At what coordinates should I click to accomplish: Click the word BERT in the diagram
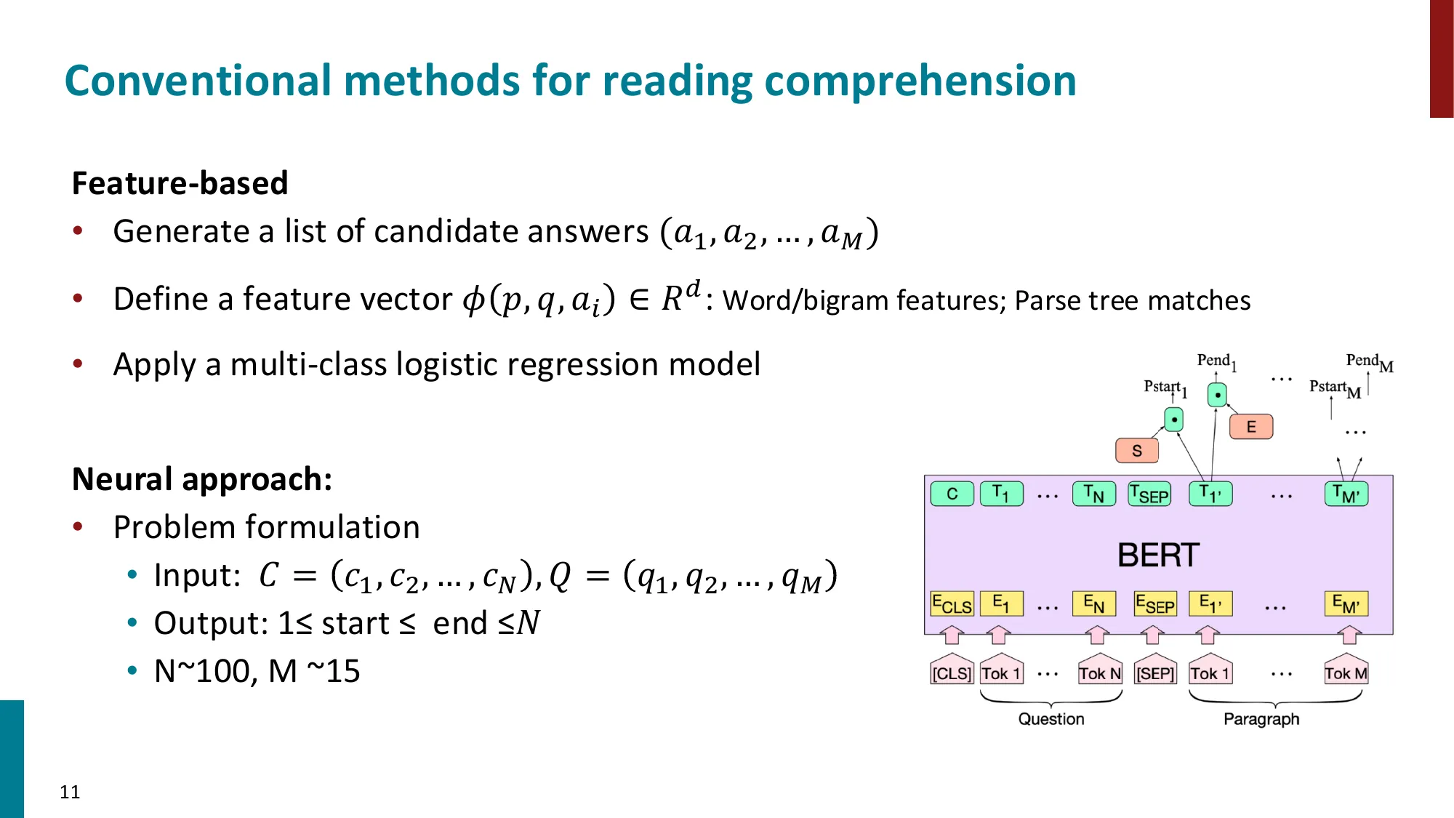click(x=1157, y=556)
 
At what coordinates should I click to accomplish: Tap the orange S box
click(x=1137, y=451)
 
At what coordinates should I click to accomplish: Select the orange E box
click(x=1251, y=427)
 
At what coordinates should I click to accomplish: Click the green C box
click(x=952, y=494)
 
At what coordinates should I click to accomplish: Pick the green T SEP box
click(x=1149, y=494)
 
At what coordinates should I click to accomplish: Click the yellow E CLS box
click(x=952, y=604)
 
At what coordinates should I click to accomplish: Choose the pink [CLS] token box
click(x=952, y=673)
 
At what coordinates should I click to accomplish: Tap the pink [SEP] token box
click(x=1155, y=673)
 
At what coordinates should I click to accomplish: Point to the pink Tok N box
click(x=1099, y=673)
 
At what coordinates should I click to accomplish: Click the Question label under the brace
click(x=1051, y=719)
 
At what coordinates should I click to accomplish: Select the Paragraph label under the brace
click(x=1261, y=719)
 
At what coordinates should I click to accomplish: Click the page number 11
click(x=70, y=792)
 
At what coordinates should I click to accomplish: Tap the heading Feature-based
click(x=180, y=183)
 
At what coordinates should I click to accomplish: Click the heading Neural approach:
click(x=202, y=479)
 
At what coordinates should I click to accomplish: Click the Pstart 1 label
click(x=1164, y=388)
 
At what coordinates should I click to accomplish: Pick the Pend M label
click(x=1368, y=361)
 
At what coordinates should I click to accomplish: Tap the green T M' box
click(x=1346, y=494)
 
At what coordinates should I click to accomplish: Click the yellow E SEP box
click(x=1155, y=604)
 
